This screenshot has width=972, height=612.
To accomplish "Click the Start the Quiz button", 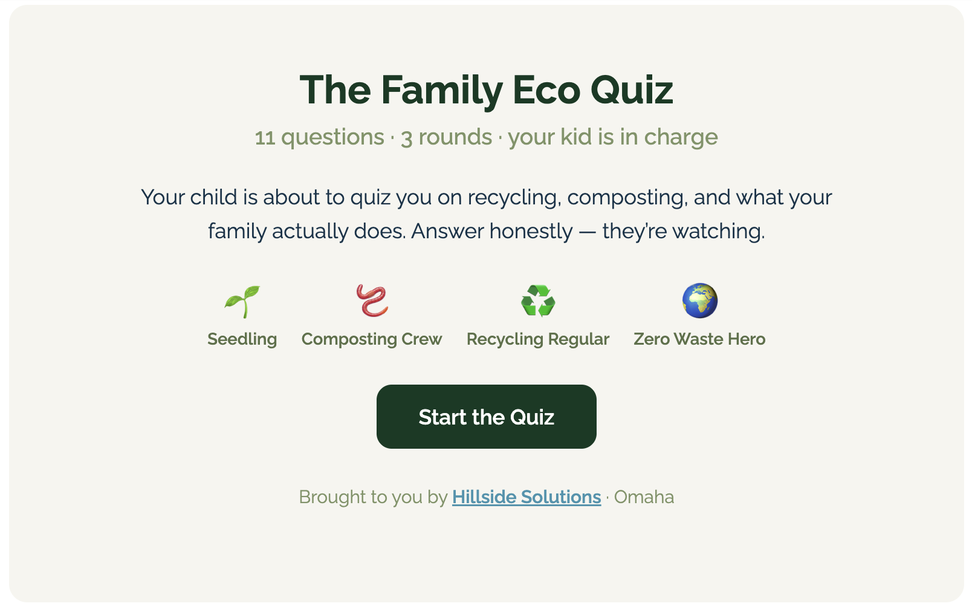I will [486, 417].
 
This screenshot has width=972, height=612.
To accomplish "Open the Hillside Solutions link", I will [526, 497].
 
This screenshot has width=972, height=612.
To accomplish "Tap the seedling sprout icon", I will [242, 301].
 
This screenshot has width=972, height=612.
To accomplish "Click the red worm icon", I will [372, 301].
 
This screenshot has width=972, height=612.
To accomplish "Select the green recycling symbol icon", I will [537, 301].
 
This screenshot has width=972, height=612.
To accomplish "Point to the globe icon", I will [699, 301].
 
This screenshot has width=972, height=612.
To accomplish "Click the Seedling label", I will [242, 339].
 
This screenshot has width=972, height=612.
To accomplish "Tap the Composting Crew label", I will [372, 339].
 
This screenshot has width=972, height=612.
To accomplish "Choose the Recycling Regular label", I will [537, 339].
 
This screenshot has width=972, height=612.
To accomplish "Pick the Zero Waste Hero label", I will [699, 339].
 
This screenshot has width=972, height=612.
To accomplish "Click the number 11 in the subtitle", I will [265, 138].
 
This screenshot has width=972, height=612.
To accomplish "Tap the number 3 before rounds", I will [406, 138].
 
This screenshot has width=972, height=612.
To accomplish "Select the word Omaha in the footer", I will [644, 497].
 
